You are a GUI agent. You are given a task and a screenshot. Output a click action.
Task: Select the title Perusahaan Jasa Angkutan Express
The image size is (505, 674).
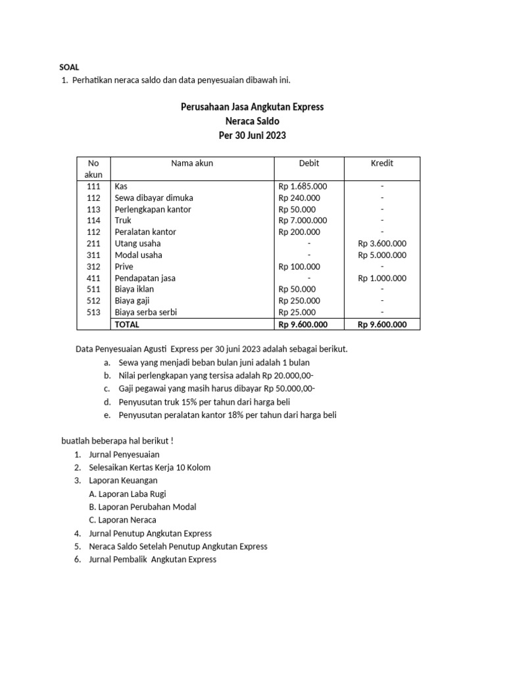252,107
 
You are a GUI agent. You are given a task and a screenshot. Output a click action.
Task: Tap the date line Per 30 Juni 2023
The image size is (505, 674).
252,136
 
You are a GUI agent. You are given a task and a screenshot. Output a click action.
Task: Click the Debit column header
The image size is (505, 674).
308,163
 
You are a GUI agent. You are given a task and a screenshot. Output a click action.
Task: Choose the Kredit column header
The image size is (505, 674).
381,163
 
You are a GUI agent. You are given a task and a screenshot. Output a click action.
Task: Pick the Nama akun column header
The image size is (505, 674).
191,163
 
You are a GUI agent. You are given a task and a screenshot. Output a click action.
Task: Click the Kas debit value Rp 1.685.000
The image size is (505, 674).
302,186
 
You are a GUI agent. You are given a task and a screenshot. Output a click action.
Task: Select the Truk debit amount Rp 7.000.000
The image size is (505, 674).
302,220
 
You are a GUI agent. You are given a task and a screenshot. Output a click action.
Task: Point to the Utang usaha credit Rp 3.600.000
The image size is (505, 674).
382,244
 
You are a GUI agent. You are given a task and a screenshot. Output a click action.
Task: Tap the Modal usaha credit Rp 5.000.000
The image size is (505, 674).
382,255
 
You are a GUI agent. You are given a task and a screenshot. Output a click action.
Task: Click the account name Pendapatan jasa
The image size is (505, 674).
145,278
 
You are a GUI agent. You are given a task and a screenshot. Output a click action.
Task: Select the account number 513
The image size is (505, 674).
93,312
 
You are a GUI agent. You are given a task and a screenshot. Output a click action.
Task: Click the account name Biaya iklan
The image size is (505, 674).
136,289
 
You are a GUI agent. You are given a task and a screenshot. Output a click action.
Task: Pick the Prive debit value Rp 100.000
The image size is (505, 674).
299,267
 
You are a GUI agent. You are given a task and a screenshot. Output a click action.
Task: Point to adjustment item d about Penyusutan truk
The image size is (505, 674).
204,402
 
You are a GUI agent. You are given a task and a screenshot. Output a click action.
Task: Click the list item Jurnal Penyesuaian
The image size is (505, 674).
124,454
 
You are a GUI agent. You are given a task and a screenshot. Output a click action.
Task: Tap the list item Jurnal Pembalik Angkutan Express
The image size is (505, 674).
152,559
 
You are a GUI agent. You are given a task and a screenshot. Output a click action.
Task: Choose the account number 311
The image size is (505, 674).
93,255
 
